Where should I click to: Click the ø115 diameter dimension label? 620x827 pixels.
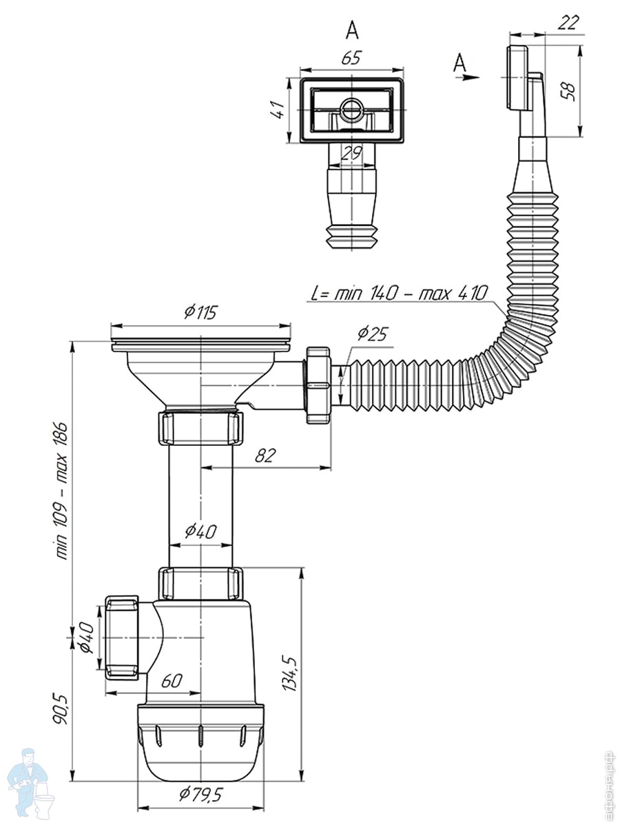tap(200, 312)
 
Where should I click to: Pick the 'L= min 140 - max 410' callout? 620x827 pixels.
tap(399, 293)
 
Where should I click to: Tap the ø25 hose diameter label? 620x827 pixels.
tap(372, 335)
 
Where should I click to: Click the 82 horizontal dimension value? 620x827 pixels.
tap(266, 455)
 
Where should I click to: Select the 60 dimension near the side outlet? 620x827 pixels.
tap(172, 681)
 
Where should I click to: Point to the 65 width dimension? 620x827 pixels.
tap(351, 58)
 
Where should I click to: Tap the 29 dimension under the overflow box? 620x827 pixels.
tap(351, 154)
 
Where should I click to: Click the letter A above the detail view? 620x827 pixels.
tap(352, 30)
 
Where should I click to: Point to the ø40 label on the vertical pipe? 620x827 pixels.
tap(200, 531)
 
